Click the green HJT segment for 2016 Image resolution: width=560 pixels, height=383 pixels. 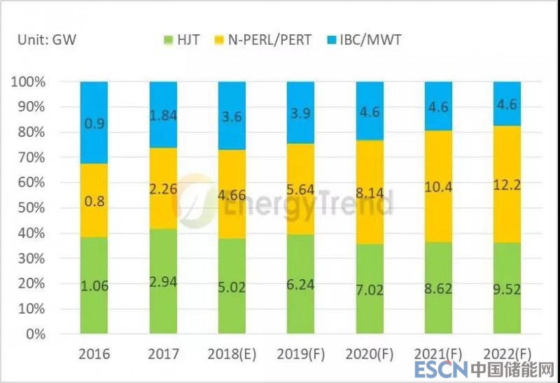pos(94,285)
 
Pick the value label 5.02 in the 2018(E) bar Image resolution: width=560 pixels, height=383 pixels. pos(232,286)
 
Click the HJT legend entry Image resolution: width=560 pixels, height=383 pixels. pos(181,40)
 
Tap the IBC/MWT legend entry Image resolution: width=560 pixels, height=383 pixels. pos(366,40)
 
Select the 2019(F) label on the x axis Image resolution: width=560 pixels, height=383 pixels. pos(301,355)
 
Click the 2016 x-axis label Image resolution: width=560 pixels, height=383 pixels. pos(94,355)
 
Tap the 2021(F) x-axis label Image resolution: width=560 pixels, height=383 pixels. pos(438,355)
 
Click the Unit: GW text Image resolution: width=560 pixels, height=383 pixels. pos(47,40)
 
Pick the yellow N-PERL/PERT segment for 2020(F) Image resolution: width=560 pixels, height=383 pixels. pos(370,203)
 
